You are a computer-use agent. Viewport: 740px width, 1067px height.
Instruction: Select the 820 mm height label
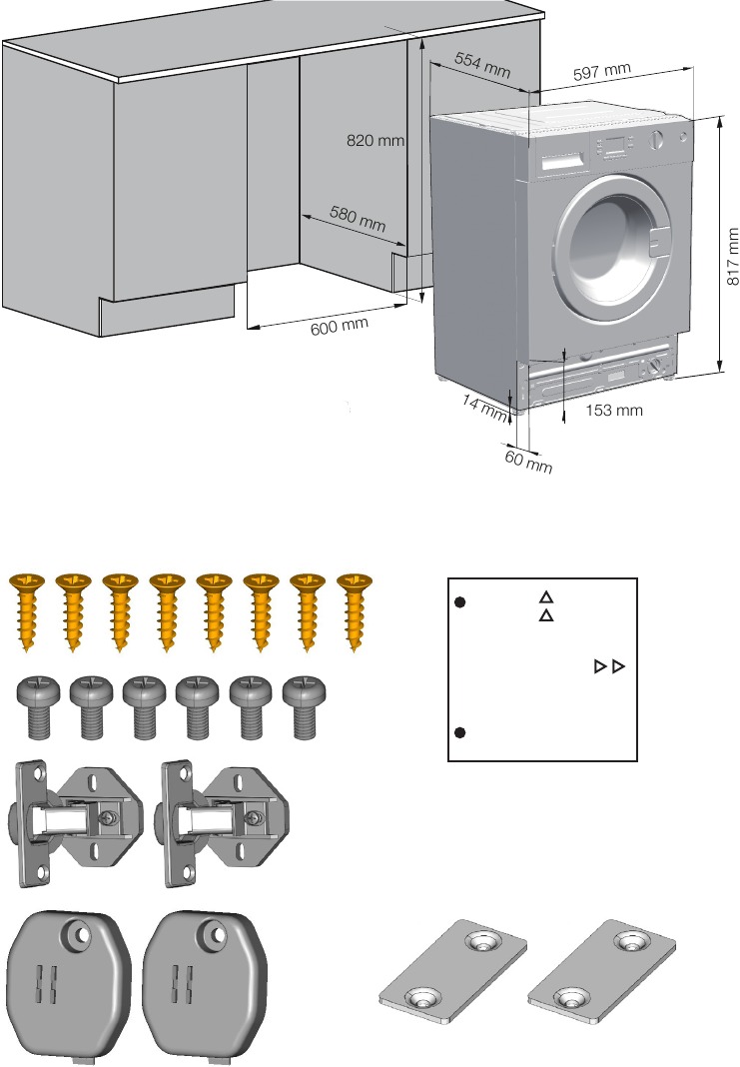pos(375,141)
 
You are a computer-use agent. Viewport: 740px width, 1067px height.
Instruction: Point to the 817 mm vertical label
pos(733,250)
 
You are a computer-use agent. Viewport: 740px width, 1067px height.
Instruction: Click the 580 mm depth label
pos(358,219)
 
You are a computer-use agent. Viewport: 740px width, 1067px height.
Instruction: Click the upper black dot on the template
pos(460,602)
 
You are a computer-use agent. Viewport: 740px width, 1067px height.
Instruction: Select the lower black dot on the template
pos(460,732)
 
